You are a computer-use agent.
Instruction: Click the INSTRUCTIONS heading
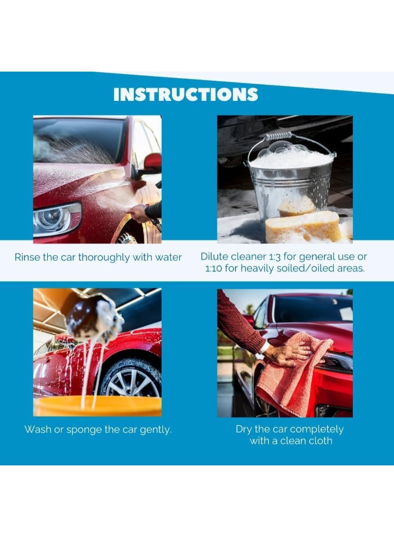[186, 94]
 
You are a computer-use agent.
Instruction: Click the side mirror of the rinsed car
[152, 162]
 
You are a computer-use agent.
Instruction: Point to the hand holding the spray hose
[139, 212]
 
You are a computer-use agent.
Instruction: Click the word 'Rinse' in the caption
[29, 257]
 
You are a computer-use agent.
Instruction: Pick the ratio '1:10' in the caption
[214, 268]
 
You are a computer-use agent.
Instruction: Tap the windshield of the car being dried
[310, 309]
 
